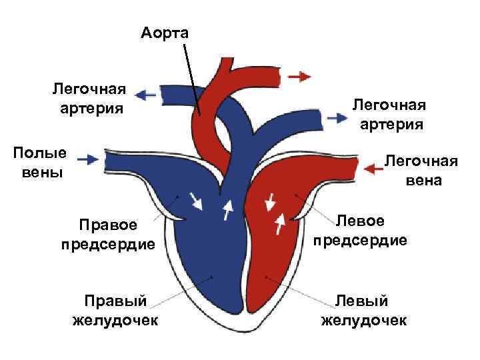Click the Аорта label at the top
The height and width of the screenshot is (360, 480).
[x=165, y=32]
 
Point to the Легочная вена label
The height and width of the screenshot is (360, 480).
[x=421, y=171]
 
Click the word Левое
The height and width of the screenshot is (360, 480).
[x=361, y=221]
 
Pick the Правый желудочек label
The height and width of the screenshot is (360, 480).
[x=115, y=311]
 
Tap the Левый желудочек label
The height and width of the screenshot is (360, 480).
[x=363, y=311]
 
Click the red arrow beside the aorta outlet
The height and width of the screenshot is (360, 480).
[x=300, y=75]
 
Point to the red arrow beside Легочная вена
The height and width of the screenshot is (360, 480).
[x=374, y=169]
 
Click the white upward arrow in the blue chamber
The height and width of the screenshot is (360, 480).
[x=228, y=209]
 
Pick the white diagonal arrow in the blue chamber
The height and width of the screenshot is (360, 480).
[x=196, y=200]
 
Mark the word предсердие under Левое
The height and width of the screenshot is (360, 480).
[x=361, y=240]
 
